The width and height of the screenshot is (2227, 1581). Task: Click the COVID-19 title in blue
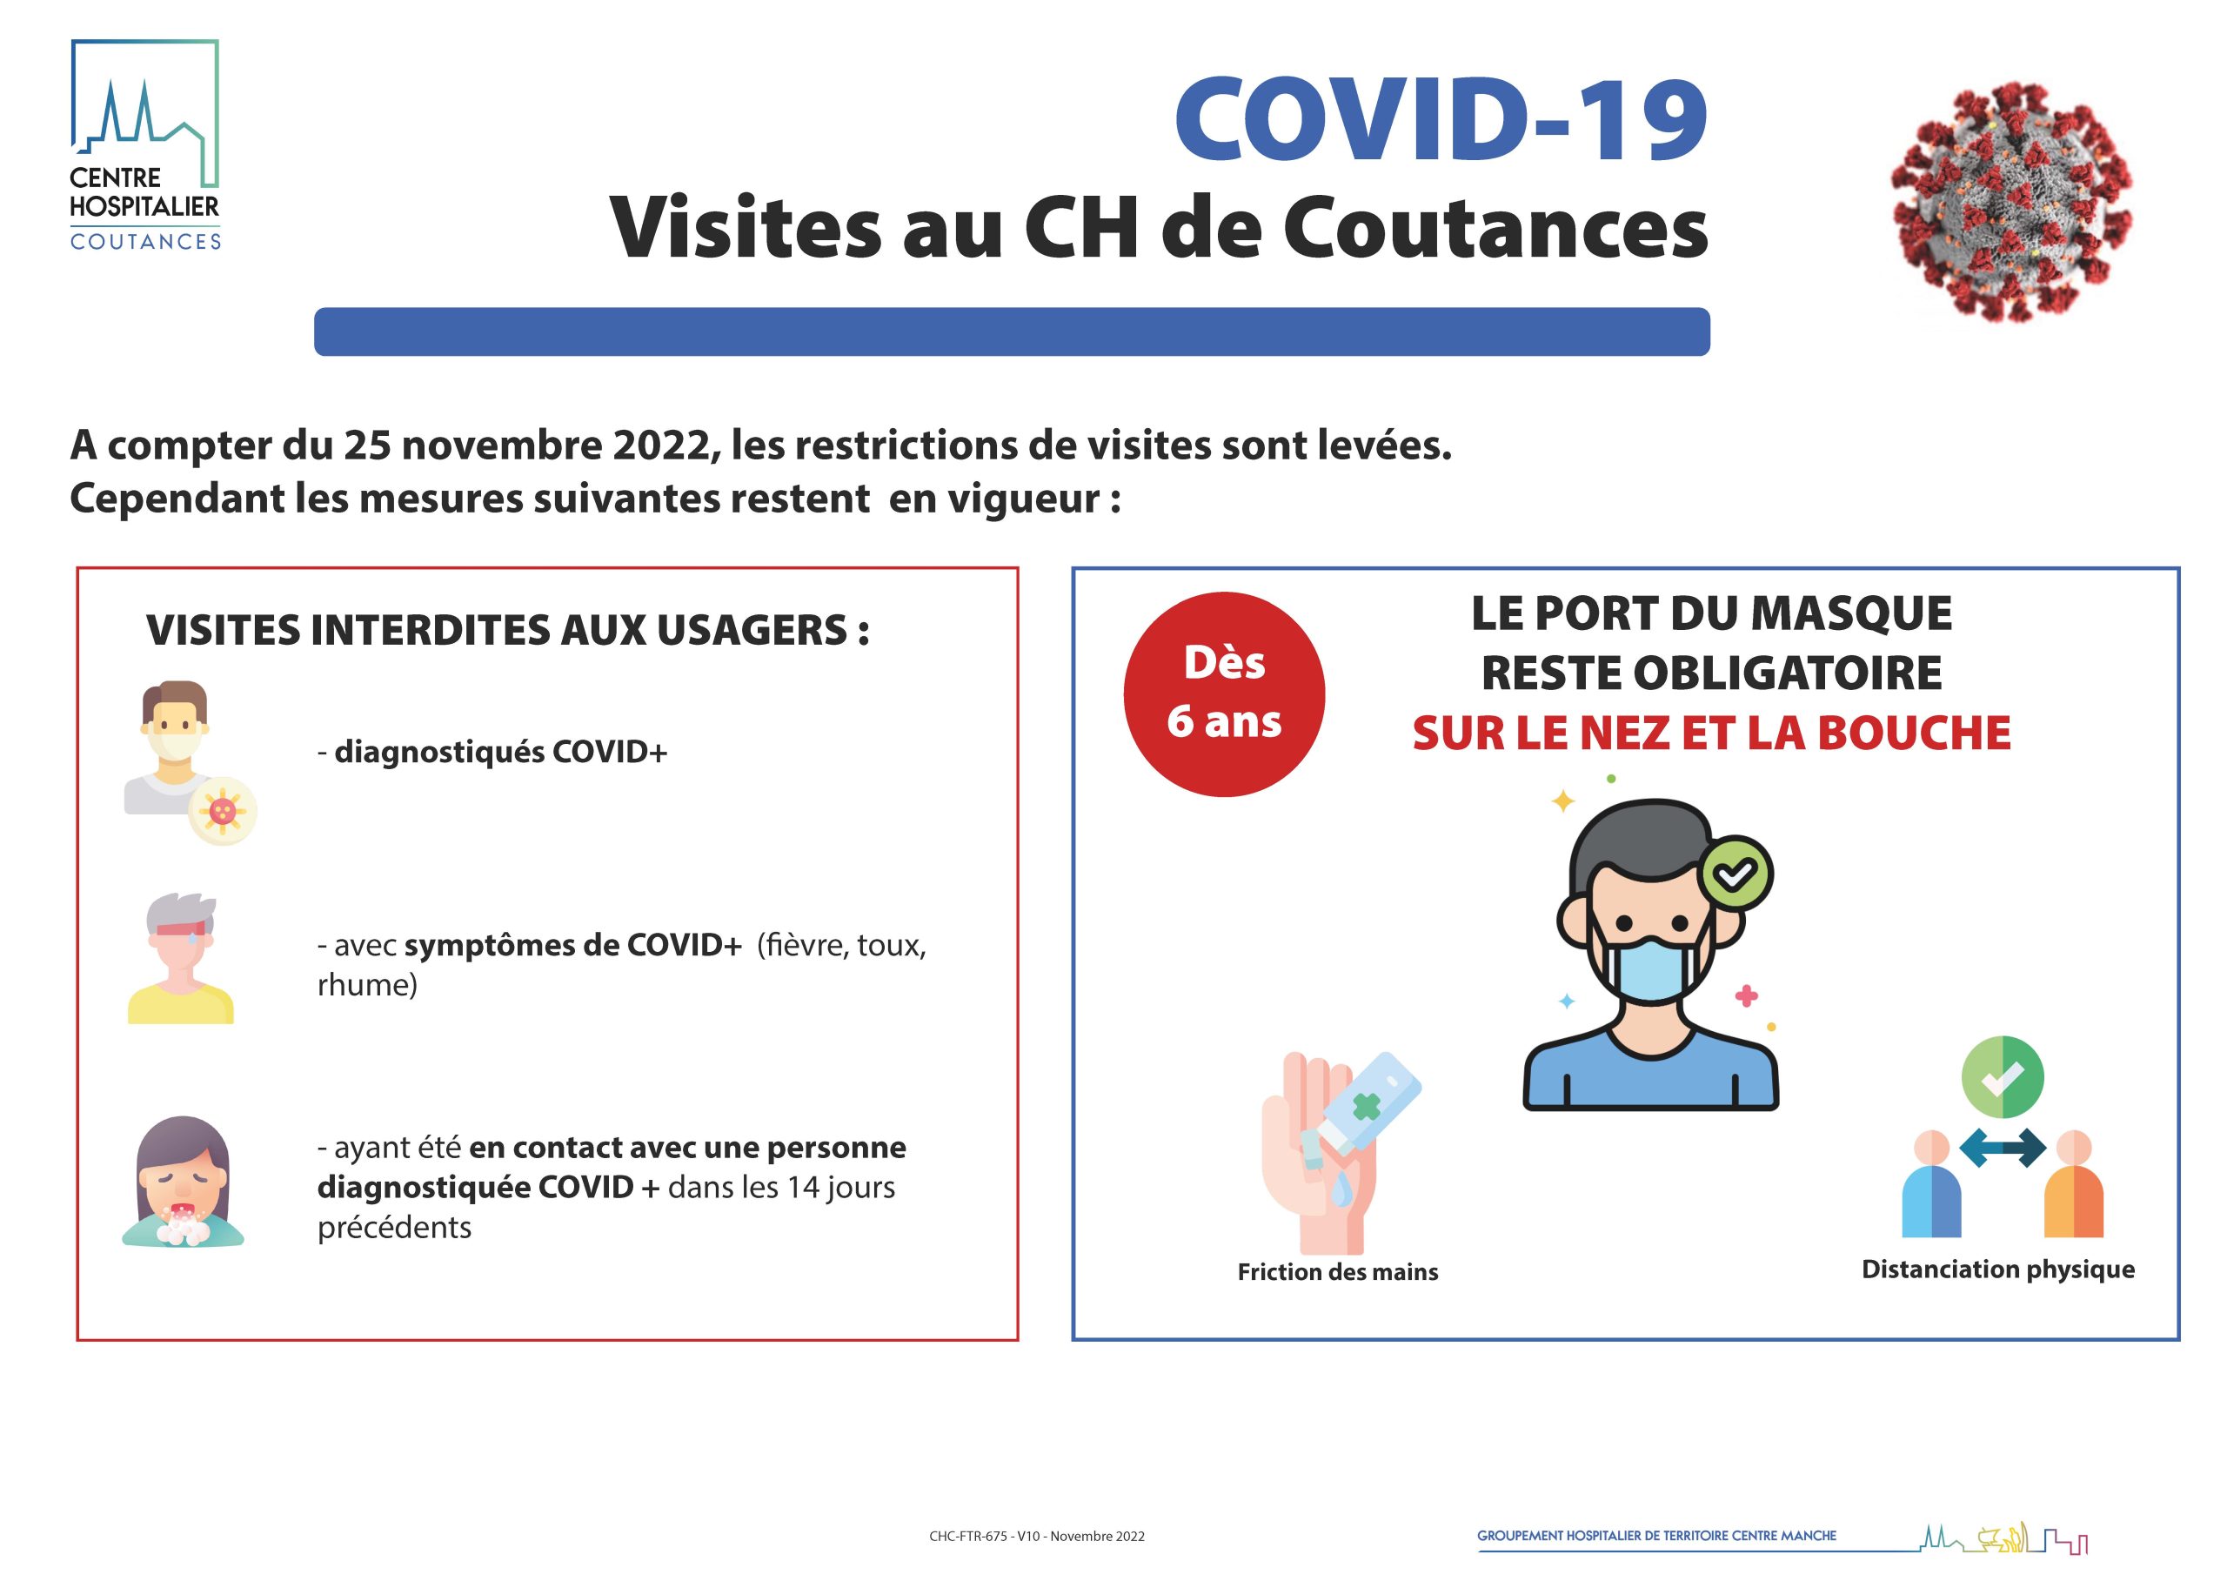[x=1441, y=120]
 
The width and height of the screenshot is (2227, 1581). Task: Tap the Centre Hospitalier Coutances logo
[x=145, y=145]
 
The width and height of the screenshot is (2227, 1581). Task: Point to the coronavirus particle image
[x=2012, y=203]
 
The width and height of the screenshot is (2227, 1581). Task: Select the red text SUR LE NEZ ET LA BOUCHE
[x=1711, y=733]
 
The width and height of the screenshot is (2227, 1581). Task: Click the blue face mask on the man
[x=1651, y=968]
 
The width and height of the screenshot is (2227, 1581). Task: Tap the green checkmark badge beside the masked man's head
[x=1735, y=874]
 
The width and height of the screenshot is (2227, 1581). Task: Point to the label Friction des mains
[x=1337, y=1271]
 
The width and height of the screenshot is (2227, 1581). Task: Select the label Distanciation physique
[x=1998, y=1269]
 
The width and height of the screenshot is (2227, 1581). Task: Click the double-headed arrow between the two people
[x=2003, y=1148]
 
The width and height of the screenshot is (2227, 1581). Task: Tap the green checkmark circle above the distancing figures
[x=2003, y=1076]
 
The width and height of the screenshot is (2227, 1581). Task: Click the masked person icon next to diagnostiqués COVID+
[x=190, y=762]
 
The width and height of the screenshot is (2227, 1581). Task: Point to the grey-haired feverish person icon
[x=181, y=958]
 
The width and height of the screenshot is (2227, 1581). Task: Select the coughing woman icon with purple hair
[x=183, y=1181]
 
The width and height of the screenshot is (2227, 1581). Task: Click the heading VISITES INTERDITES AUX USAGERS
[x=507, y=631]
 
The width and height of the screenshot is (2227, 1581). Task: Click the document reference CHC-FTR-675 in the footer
[x=968, y=1537]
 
